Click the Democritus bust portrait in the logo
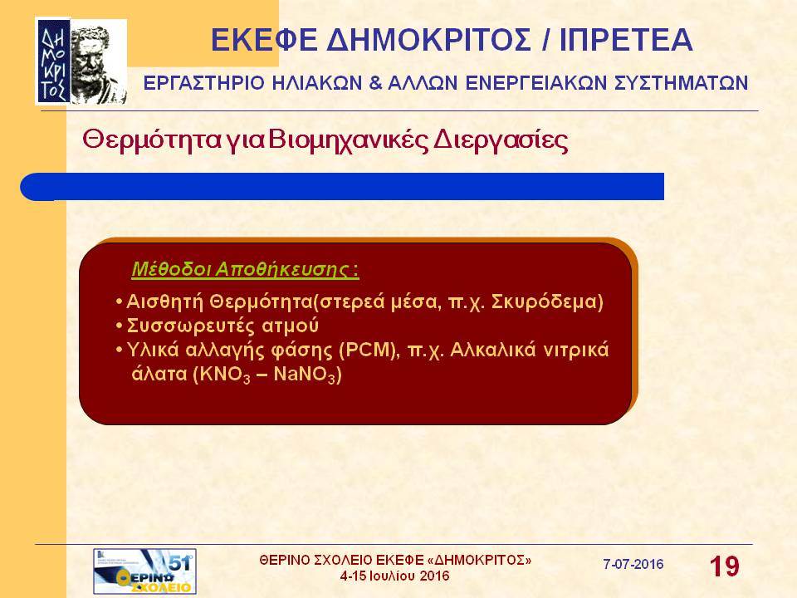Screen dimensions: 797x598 [x=98, y=62]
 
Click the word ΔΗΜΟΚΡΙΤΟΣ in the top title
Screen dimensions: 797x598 [x=428, y=40]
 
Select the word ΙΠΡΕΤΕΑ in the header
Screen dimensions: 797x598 [x=626, y=40]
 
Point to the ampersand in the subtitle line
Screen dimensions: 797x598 [x=375, y=83]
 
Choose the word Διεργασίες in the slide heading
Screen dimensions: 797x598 [x=500, y=141]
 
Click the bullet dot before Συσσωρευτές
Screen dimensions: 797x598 [x=120, y=326]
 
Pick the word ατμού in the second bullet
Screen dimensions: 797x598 [x=291, y=326]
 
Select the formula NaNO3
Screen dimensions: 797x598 [x=305, y=375]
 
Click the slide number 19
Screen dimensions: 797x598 [x=724, y=566]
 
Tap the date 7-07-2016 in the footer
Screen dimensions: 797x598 [x=633, y=564]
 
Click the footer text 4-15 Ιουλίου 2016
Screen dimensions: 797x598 [x=395, y=576]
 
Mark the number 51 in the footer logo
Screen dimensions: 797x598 [x=179, y=562]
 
